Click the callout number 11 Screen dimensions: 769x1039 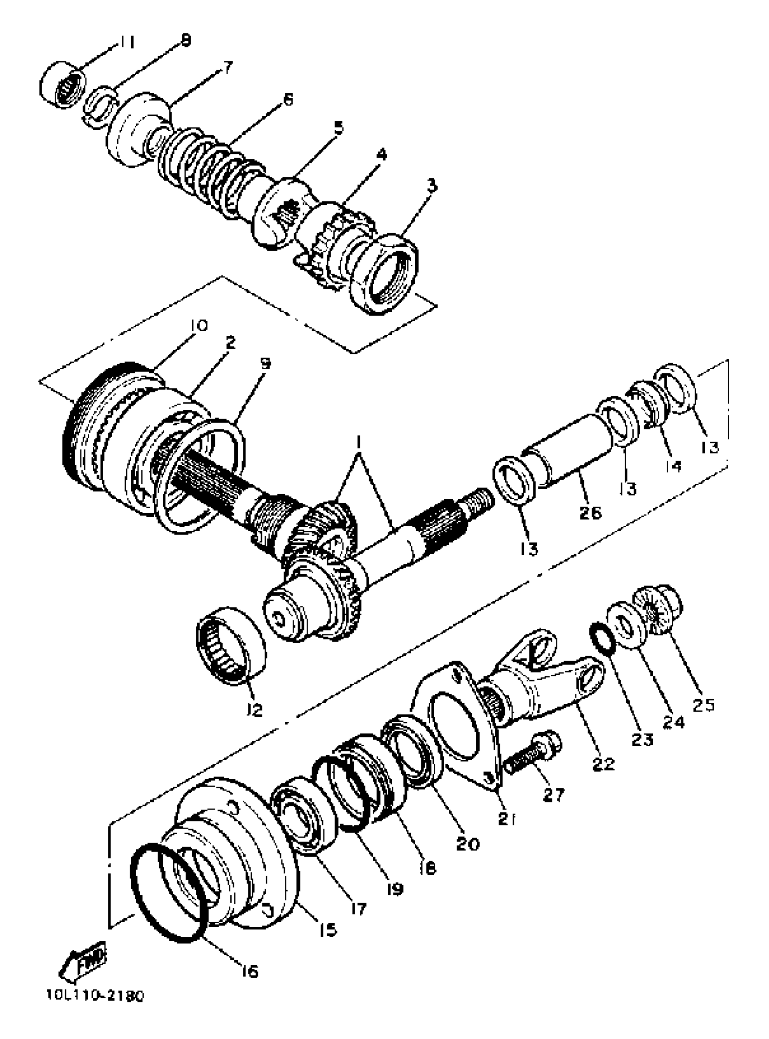125,43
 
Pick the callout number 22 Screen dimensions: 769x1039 604,764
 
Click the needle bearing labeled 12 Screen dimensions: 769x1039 230,645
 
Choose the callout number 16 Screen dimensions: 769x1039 250,971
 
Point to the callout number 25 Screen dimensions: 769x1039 703,705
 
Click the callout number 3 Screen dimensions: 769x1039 432,187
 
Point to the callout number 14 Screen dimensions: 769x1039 672,466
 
